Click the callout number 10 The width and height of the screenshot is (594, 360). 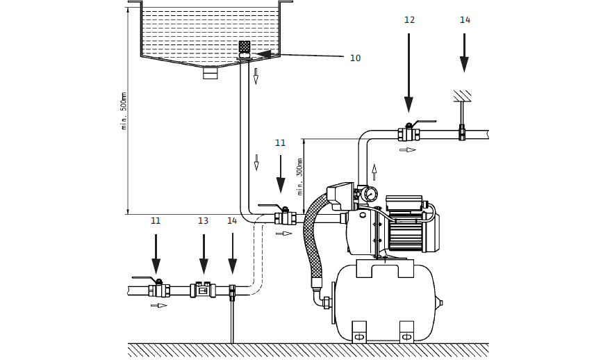[355, 58]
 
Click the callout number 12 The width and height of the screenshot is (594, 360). [409, 20]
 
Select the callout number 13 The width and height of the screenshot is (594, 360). [203, 221]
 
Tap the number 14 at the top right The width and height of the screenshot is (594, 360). [465, 20]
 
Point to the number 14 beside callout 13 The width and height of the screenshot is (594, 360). [232, 221]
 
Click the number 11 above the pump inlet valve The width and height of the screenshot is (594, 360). [280, 143]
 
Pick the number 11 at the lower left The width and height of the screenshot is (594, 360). [156, 221]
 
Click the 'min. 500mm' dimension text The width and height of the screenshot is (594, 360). [124, 111]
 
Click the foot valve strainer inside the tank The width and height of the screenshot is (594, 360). [245, 47]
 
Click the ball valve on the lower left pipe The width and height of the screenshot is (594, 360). [158, 288]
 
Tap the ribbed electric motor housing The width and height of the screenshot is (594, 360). [406, 231]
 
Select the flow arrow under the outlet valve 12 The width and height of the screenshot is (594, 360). [407, 149]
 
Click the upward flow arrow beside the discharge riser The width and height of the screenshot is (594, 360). [374, 171]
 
